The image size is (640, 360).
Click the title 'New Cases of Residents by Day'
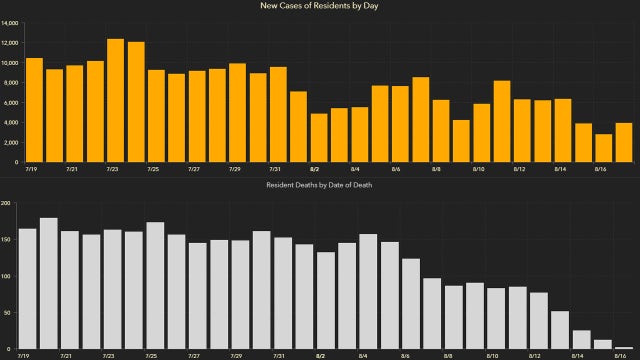tap(320, 7)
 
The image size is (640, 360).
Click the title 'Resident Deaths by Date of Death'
tap(320, 186)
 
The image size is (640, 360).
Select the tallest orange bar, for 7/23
tap(115, 100)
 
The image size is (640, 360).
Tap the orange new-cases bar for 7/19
tap(33, 110)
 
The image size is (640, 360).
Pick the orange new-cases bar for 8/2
tap(319, 137)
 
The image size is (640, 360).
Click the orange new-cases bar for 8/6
tap(400, 124)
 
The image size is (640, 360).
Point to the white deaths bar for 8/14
tap(581, 339)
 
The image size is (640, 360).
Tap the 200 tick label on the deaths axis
tap(9, 203)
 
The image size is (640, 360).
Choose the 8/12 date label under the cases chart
tap(519, 169)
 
